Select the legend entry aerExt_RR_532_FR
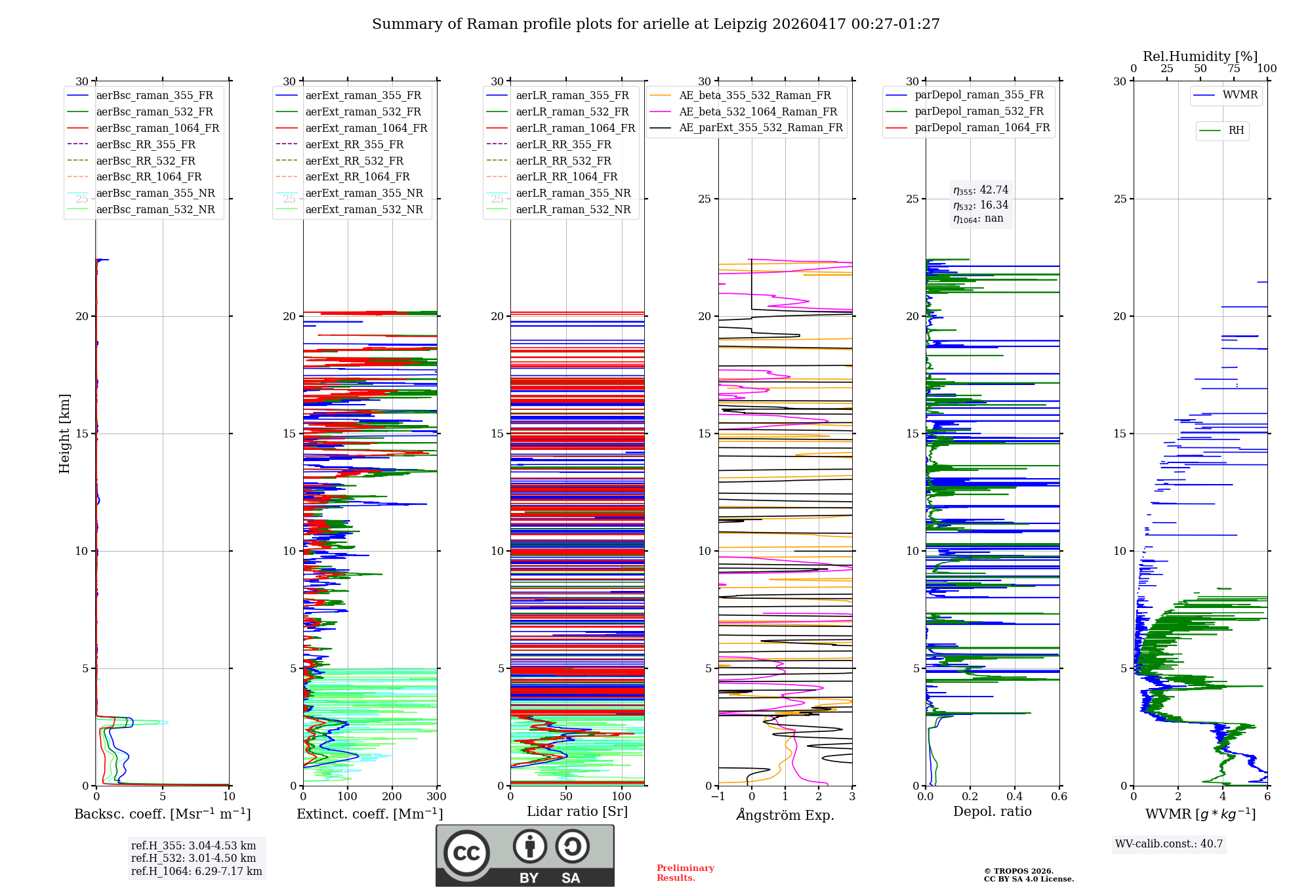coord(340,161)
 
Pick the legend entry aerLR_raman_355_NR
coord(558,193)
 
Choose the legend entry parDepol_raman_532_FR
coord(964,111)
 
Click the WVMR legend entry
coord(1225,95)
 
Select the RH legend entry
coord(1221,131)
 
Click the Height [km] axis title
coord(64,434)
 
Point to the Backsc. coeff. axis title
coord(163,814)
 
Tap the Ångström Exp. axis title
coord(785,815)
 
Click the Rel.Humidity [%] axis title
coord(1200,56)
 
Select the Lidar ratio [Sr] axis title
coord(577,811)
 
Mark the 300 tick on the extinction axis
coord(437,797)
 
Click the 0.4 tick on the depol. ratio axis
coord(1015,797)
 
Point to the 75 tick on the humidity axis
coord(1234,69)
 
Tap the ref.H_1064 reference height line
coord(197,872)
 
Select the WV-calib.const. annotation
coord(1169,844)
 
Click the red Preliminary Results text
coord(686,873)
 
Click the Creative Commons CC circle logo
coord(466,853)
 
